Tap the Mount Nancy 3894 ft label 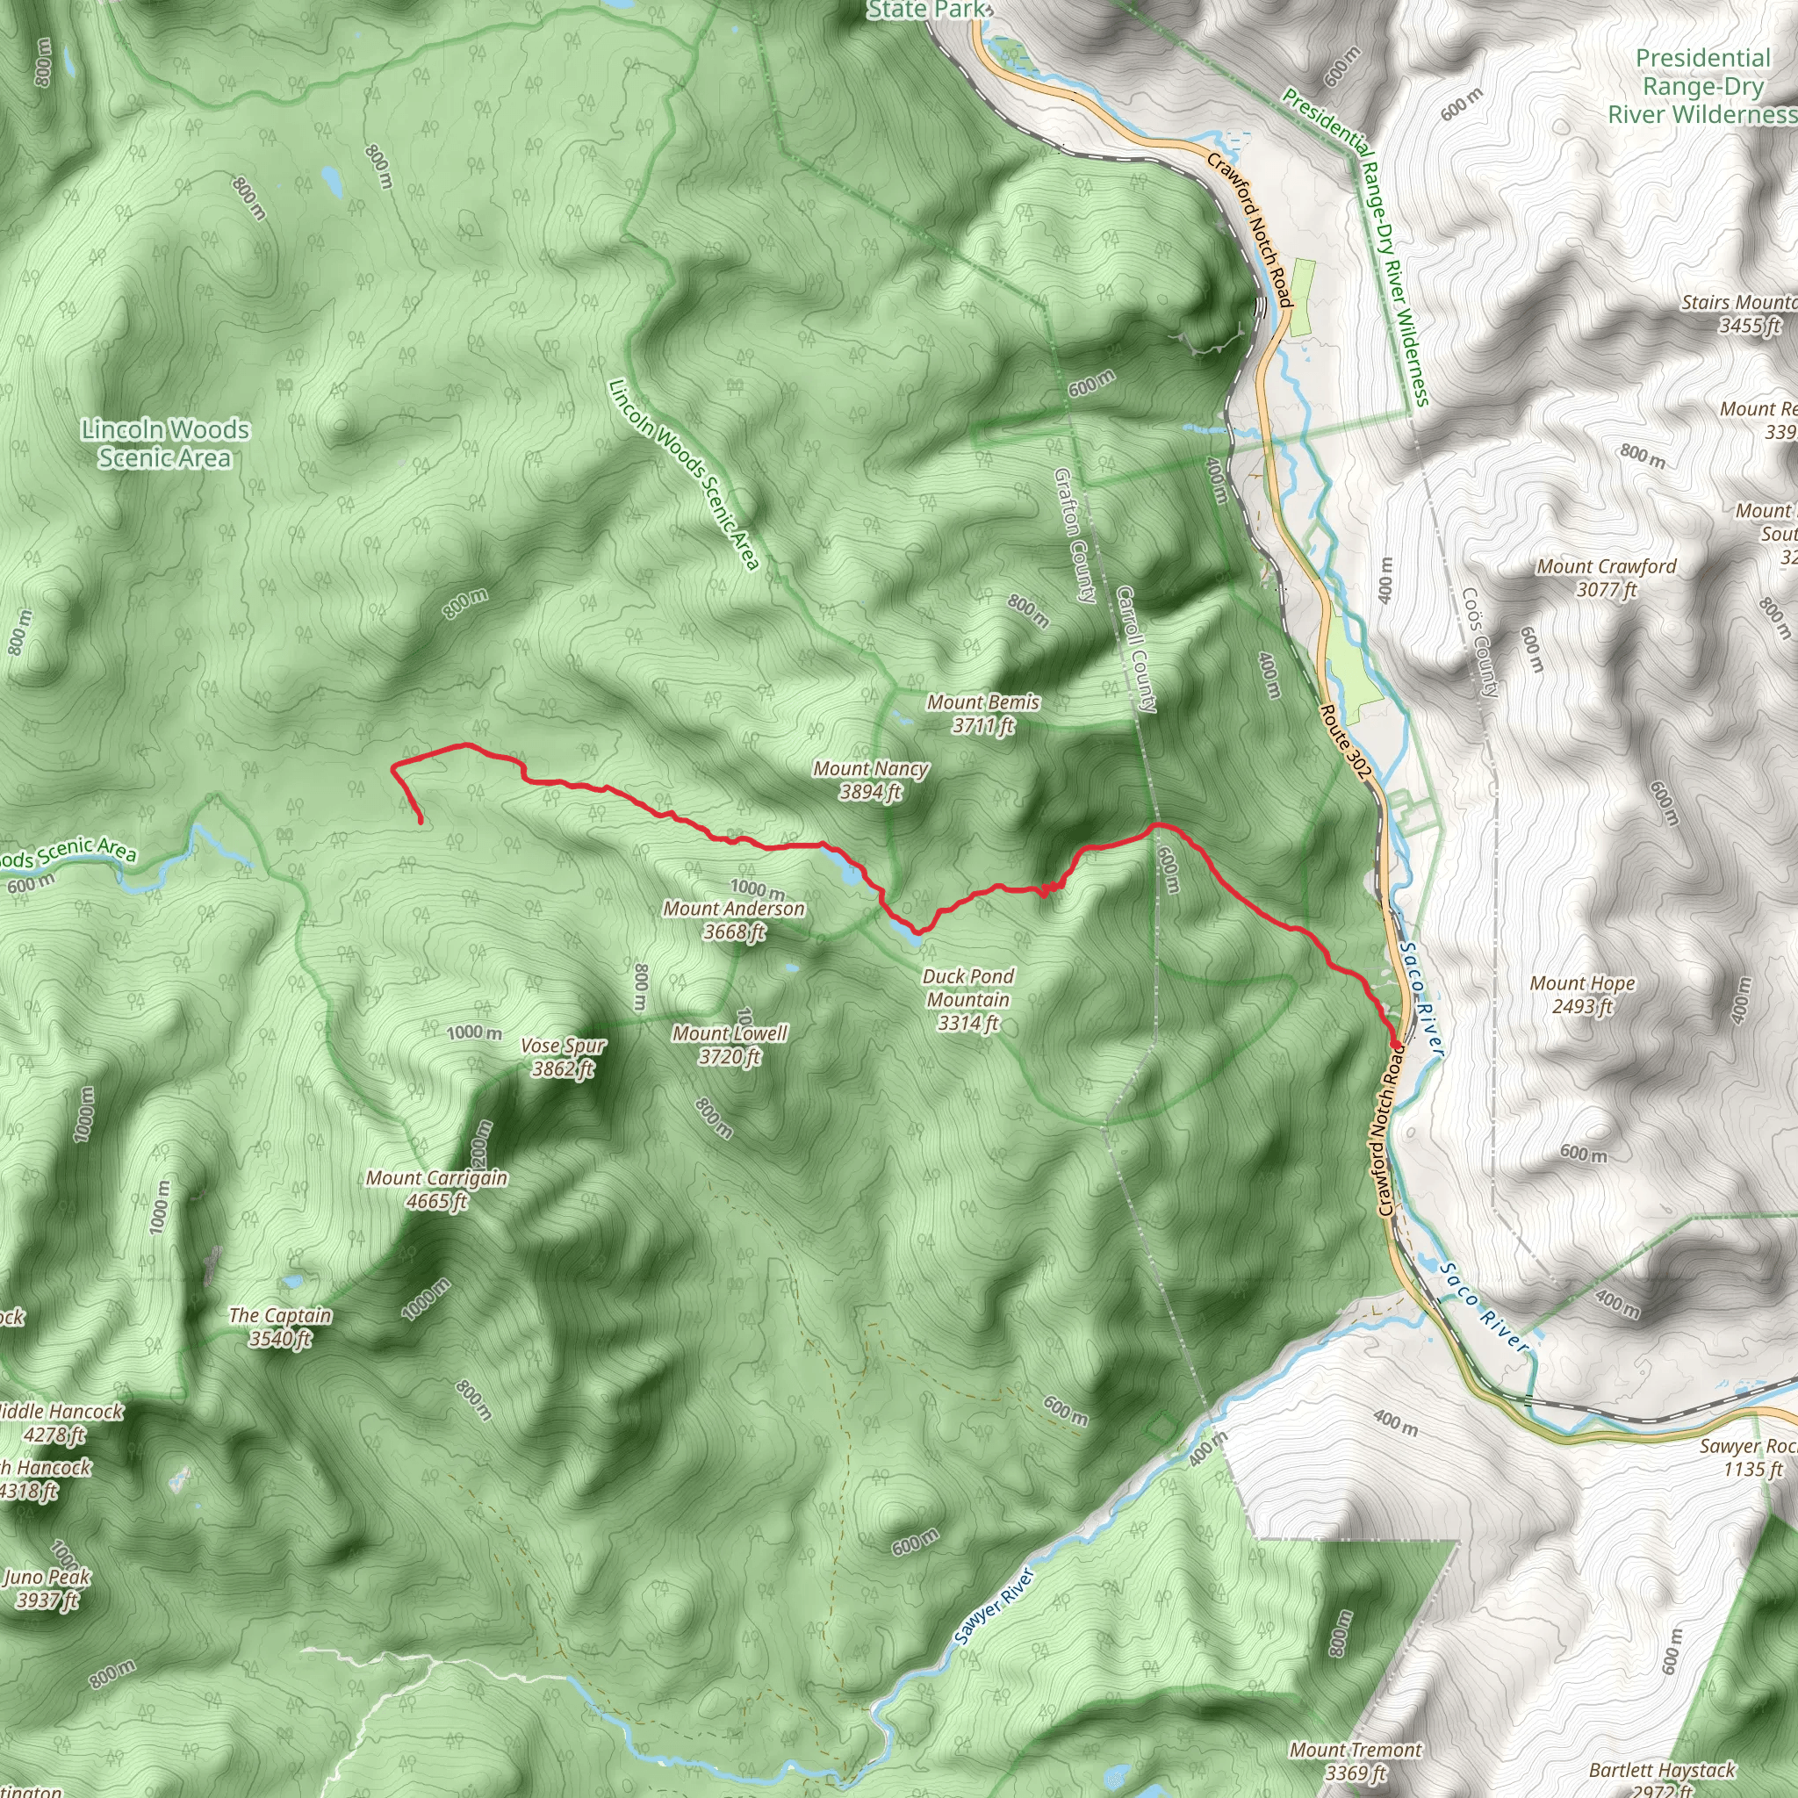click(x=870, y=780)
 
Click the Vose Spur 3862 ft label click(x=563, y=1057)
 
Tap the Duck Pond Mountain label click(x=967, y=999)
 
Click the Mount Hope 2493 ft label click(x=1582, y=994)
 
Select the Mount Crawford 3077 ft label click(x=1607, y=577)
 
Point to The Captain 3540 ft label click(x=280, y=1327)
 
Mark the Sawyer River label click(x=994, y=1608)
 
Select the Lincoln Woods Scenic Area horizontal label click(x=165, y=443)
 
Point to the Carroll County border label click(x=1136, y=649)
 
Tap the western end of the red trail click(x=421, y=823)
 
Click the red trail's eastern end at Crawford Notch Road click(x=1396, y=1045)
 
